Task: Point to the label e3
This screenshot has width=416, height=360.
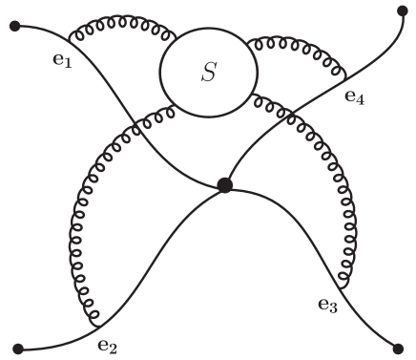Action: pyautogui.click(x=327, y=306)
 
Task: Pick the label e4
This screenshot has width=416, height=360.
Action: pyautogui.click(x=354, y=95)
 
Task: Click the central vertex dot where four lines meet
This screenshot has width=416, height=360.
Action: pyautogui.click(x=225, y=185)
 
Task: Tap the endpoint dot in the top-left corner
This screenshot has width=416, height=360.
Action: pyautogui.click(x=15, y=25)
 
